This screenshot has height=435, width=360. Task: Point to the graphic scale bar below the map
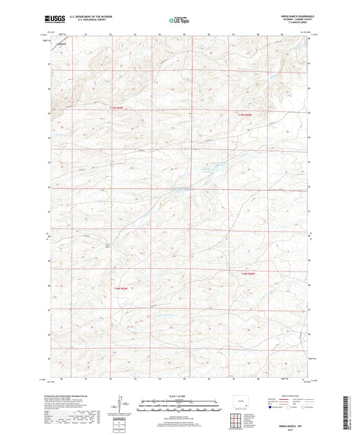[180, 406]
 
